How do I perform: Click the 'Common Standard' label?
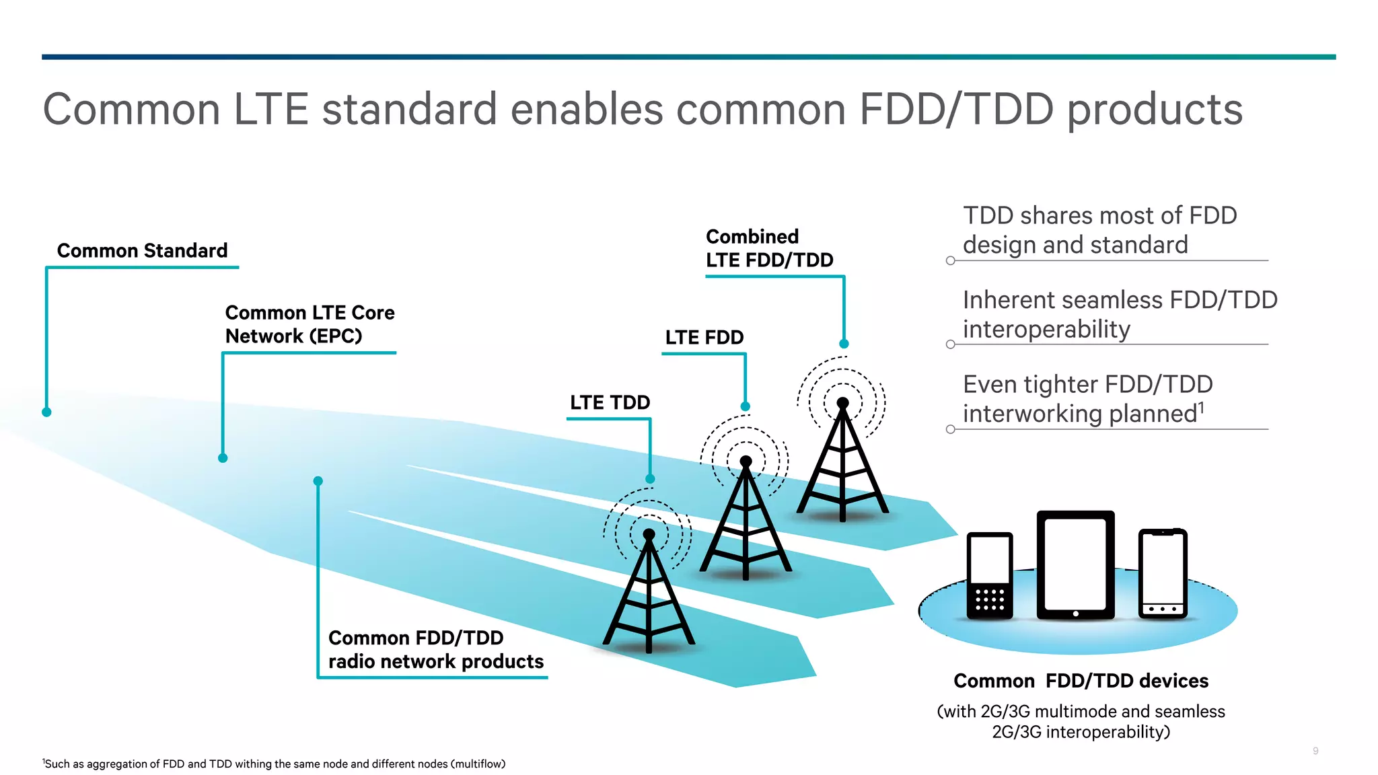[142, 250]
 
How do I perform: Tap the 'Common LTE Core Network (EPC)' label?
[310, 324]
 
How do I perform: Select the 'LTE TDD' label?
[610, 402]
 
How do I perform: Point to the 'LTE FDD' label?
[704, 337]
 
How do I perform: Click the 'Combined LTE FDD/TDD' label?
[769, 248]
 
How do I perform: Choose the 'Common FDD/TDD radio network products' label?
[435, 649]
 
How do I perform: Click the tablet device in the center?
[1075, 565]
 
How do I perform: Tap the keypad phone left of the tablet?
[989, 575]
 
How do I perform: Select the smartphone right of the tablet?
[1162, 573]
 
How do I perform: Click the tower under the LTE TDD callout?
[649, 592]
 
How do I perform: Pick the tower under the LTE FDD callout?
[746, 521]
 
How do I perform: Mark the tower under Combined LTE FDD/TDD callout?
[842, 461]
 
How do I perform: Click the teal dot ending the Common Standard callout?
[46, 412]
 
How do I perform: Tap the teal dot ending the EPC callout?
[223, 458]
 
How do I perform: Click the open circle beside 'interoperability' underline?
[950, 344]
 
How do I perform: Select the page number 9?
[1315, 751]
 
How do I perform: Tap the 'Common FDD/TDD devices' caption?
[1081, 681]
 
